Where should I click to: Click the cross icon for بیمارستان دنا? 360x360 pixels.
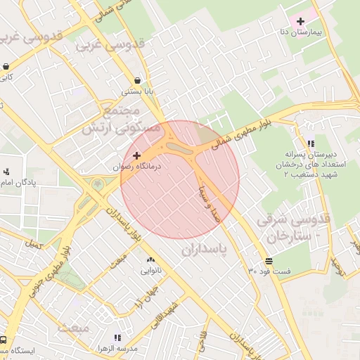click(x=301, y=21)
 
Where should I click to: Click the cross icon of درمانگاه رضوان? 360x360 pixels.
click(x=136, y=155)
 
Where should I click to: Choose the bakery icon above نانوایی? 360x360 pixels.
click(x=150, y=261)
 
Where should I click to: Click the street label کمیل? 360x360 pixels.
click(x=33, y=244)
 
